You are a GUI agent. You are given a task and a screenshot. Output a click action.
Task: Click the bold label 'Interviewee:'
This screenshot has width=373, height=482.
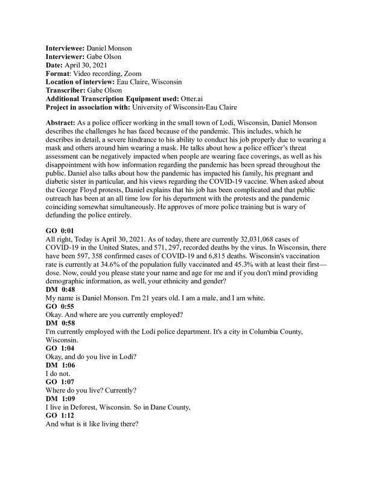[x=66, y=48]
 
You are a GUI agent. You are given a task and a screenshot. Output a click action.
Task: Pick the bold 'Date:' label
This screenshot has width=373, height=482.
[x=56, y=64]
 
